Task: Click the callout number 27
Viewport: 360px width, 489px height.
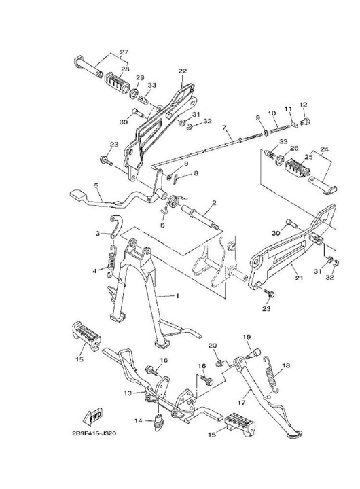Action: tap(124, 52)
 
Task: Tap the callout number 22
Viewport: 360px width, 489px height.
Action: tap(182, 71)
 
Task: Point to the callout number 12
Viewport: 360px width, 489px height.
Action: tap(304, 104)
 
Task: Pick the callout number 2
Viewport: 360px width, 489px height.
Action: tap(213, 202)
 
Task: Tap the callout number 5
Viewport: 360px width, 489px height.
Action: tap(96, 185)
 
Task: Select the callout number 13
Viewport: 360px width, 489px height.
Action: tap(128, 393)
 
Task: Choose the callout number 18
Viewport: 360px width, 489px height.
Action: tap(286, 365)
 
